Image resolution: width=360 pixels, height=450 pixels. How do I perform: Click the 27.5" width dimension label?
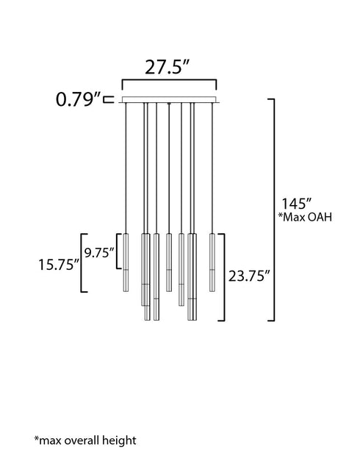168,68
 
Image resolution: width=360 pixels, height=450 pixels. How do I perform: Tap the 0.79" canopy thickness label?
79,99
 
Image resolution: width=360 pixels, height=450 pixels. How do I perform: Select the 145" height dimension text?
296,204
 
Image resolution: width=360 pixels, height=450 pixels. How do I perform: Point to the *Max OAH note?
305,217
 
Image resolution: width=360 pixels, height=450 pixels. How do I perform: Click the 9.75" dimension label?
99,253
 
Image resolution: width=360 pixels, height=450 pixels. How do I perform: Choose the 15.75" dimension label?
59,264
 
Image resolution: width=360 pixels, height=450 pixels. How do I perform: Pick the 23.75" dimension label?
249,276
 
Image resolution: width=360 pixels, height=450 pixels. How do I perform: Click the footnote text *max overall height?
85,440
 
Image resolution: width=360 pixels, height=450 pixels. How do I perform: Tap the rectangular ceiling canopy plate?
169,99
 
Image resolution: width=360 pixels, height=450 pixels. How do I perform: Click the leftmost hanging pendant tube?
126,262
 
